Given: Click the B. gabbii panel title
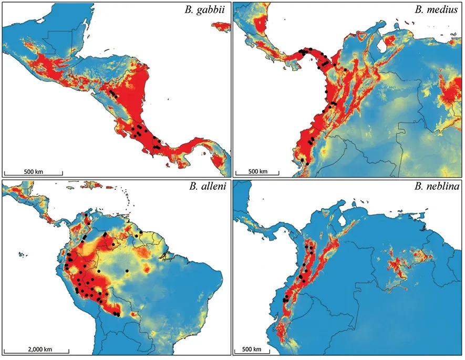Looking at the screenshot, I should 207,11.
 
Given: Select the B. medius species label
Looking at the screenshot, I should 438,11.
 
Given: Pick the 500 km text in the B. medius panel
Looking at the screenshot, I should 257,171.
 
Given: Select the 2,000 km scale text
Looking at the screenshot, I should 36,348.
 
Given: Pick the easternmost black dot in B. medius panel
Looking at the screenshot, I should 346,69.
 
